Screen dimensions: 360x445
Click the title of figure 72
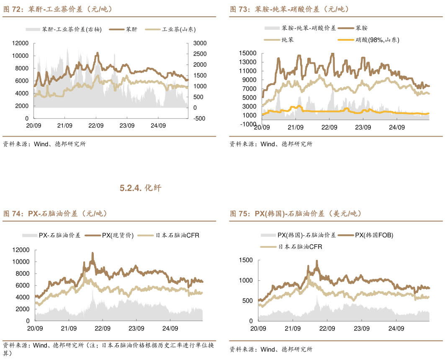coord(58,9)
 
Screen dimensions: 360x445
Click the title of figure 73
coord(289,9)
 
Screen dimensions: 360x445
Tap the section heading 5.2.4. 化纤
coord(140,188)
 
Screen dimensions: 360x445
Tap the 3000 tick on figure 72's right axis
coord(200,43)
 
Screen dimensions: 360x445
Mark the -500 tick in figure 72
coord(200,119)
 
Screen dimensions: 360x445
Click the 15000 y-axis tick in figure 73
coord(247,53)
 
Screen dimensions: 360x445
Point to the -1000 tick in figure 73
coord(247,124)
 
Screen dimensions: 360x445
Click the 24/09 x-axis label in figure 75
coord(396,329)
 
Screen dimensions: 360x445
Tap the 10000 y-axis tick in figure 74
coord(21,262)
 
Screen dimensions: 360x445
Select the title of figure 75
coord(295,214)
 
